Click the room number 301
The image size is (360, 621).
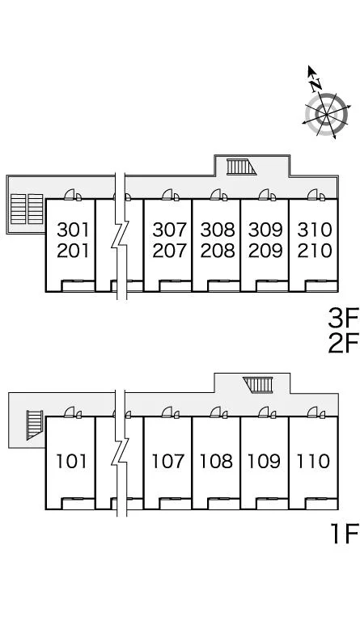click(x=73, y=230)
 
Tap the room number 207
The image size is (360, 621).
click(x=169, y=251)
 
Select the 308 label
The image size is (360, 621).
click(x=218, y=230)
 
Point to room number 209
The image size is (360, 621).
click(x=265, y=251)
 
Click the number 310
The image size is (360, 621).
click(x=314, y=230)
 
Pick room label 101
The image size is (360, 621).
click(x=71, y=462)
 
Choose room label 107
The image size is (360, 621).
click(x=168, y=462)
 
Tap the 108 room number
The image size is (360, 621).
click(x=216, y=462)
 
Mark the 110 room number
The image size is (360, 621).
click(x=313, y=462)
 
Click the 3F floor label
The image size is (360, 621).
click(x=343, y=319)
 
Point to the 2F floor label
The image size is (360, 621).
click(x=343, y=343)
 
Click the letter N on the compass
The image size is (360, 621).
click(x=316, y=84)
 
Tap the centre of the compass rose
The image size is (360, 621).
click(x=326, y=115)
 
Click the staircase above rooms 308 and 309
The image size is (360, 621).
click(x=241, y=167)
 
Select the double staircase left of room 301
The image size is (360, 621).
click(x=27, y=209)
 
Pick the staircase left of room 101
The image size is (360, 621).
click(x=35, y=425)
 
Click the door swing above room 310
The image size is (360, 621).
click(x=312, y=194)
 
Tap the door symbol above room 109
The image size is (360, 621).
click(x=264, y=412)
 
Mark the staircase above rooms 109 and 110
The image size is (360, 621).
click(x=258, y=385)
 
